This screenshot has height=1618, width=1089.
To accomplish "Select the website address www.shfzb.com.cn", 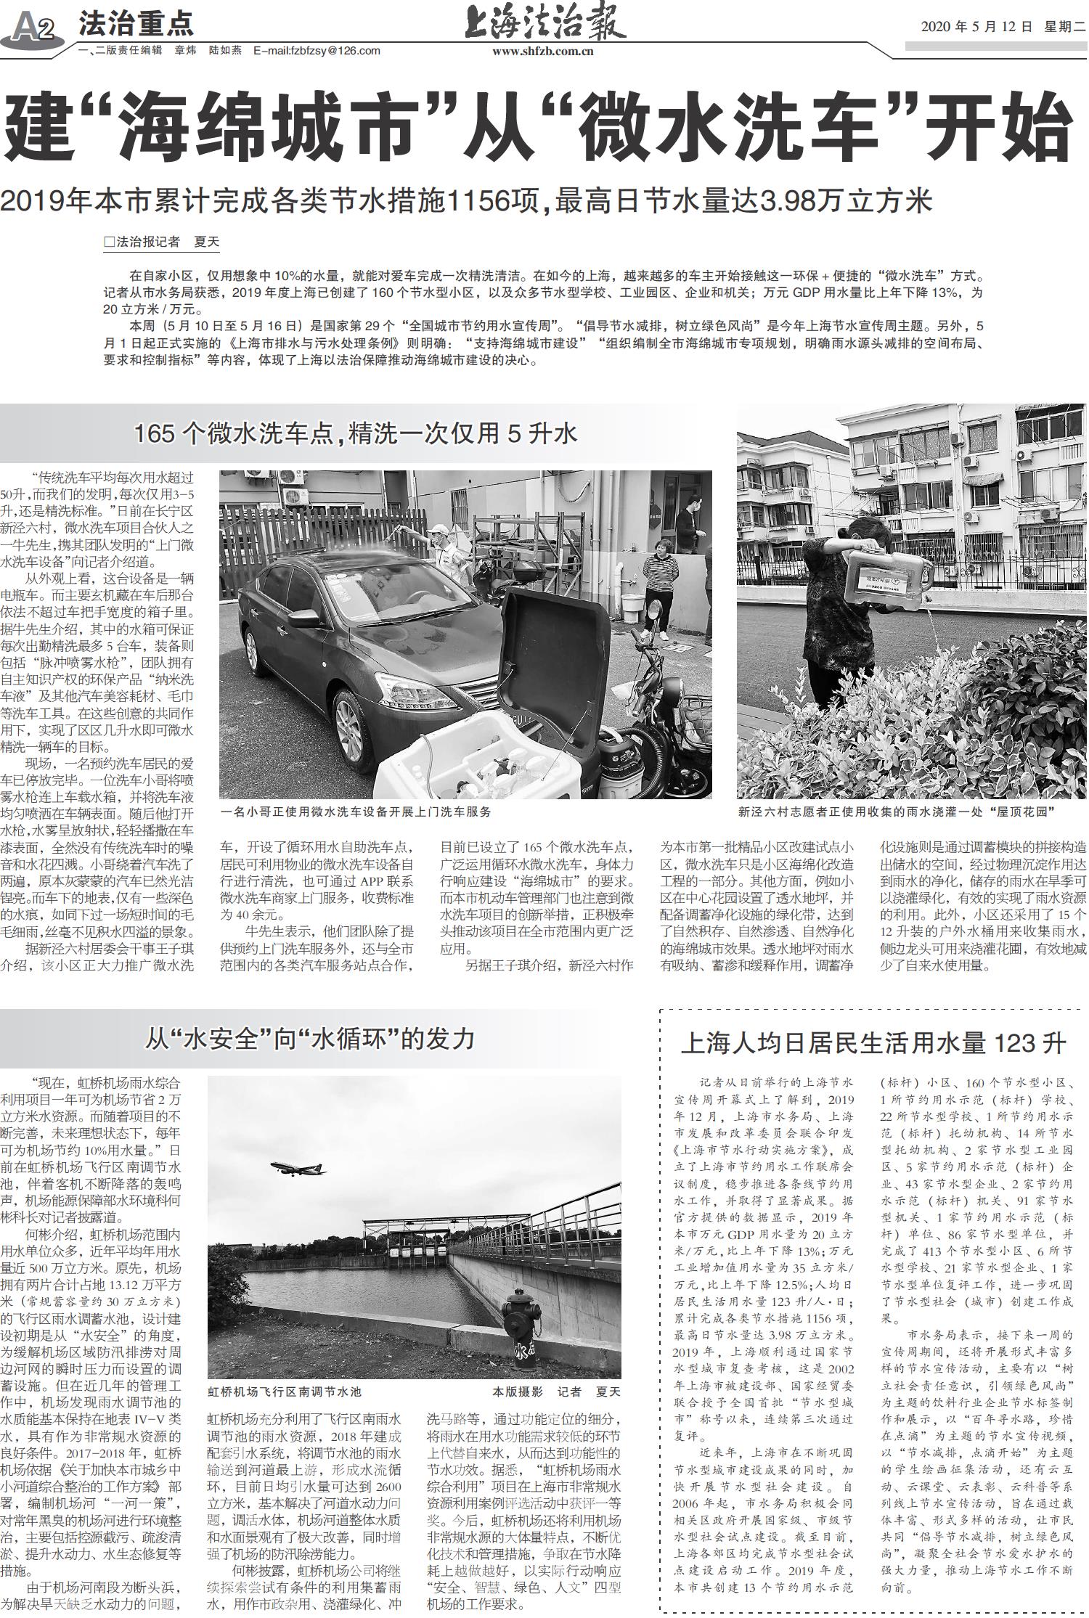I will [543, 51].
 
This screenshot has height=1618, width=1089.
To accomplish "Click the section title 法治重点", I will [136, 24].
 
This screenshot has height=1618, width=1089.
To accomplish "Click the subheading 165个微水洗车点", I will [355, 433].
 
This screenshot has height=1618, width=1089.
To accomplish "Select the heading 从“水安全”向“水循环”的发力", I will [310, 1038].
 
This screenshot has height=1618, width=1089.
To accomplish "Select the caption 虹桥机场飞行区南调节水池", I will [284, 1391].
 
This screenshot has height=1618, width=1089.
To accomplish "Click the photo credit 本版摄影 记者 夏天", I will [556, 1391].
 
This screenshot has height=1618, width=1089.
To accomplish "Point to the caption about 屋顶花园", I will [896, 812].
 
